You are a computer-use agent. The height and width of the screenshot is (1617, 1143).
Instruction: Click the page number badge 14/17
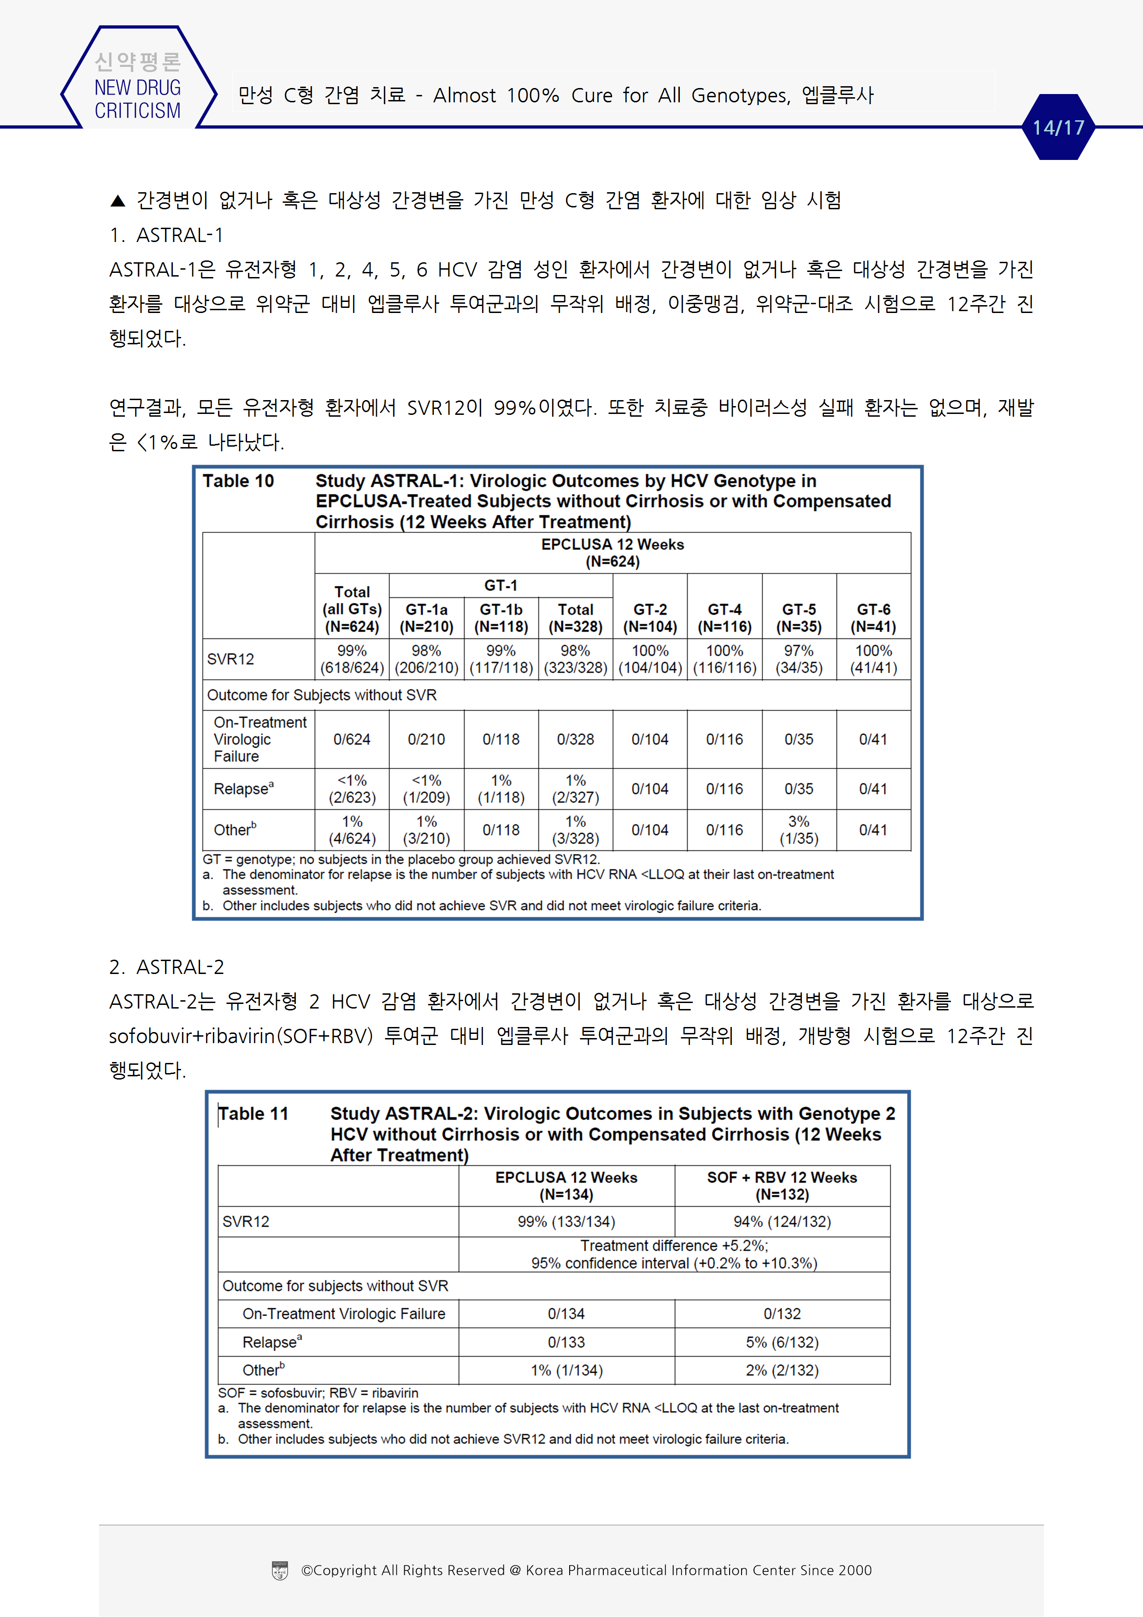click(x=1058, y=128)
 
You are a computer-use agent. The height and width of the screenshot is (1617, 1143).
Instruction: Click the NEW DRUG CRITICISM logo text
click(x=137, y=99)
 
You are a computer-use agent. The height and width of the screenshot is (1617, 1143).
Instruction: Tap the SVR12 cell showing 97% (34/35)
click(x=799, y=659)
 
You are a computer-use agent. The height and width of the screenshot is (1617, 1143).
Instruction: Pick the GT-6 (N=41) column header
click(x=873, y=618)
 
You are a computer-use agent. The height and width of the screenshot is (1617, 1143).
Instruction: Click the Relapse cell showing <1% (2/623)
click(x=352, y=789)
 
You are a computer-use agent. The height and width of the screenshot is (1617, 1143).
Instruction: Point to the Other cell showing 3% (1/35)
click(x=799, y=830)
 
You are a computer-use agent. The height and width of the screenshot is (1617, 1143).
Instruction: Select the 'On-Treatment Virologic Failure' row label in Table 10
click(x=260, y=739)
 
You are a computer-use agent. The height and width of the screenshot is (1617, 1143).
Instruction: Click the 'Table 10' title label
click(x=238, y=481)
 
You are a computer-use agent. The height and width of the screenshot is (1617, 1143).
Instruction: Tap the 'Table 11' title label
click(x=253, y=1114)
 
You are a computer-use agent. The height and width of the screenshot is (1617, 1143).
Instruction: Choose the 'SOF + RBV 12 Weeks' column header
click(x=782, y=1186)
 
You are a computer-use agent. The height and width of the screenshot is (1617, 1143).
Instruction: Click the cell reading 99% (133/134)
click(x=566, y=1221)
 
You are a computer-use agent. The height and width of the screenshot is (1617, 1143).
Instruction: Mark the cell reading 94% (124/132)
click(x=782, y=1221)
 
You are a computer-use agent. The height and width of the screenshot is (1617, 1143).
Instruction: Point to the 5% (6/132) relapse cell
click(x=782, y=1342)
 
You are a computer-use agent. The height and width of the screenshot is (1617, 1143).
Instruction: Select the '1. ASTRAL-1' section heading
click(x=166, y=235)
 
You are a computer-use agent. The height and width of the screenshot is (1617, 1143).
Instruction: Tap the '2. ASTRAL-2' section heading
click(x=166, y=967)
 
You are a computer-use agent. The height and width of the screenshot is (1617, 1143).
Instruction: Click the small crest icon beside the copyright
click(x=280, y=1570)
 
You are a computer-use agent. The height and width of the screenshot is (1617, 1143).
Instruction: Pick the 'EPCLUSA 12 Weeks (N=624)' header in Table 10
click(x=612, y=553)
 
